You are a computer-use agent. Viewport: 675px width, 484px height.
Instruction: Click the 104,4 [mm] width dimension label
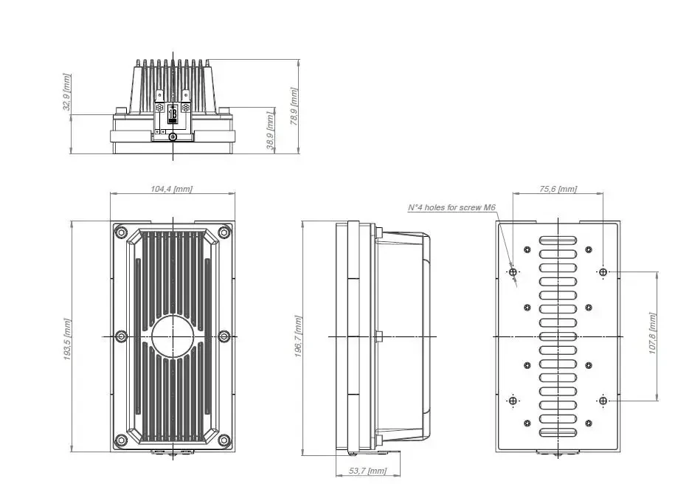(x=171, y=189)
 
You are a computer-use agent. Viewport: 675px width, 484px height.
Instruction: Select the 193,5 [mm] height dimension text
(x=67, y=339)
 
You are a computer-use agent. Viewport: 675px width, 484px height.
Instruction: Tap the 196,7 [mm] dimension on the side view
(x=298, y=336)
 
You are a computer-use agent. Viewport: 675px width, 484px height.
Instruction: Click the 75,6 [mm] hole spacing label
(x=558, y=189)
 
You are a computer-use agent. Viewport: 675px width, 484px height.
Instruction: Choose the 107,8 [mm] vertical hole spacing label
(x=653, y=333)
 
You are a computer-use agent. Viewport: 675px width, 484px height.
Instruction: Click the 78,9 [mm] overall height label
(x=294, y=106)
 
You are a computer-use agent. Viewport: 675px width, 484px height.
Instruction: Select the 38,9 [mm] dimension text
(x=270, y=131)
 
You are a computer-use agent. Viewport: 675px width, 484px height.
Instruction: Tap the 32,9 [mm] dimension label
(x=66, y=92)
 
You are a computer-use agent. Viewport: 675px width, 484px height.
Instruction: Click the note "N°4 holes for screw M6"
(x=451, y=207)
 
